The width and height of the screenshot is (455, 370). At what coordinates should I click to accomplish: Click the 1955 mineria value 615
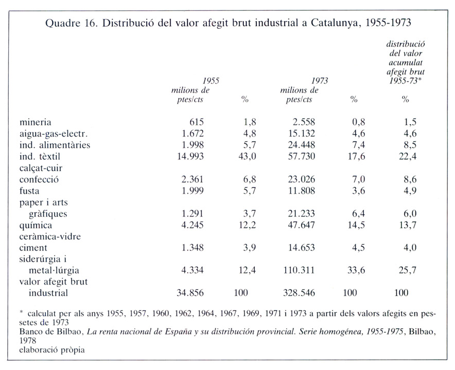(x=197, y=122)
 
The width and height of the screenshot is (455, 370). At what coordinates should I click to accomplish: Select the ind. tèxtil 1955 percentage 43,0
(x=247, y=156)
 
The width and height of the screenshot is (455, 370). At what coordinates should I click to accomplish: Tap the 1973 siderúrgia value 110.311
(x=299, y=270)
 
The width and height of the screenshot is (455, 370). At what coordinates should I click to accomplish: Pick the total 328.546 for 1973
(x=299, y=293)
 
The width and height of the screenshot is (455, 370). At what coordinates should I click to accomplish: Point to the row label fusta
(x=29, y=191)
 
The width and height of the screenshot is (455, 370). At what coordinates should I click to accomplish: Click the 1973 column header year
(x=320, y=81)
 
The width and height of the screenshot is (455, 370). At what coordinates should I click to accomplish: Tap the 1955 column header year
(x=211, y=81)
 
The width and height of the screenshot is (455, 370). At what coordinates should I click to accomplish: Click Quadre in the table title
(x=62, y=23)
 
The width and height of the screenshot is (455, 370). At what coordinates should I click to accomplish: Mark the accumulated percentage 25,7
(x=408, y=270)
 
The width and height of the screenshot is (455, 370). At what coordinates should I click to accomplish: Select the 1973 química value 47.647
(x=301, y=225)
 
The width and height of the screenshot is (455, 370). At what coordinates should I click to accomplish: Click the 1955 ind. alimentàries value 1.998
(x=192, y=145)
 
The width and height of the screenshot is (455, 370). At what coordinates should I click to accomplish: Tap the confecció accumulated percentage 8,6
(x=410, y=179)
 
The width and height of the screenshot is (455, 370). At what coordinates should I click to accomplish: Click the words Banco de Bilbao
(x=51, y=332)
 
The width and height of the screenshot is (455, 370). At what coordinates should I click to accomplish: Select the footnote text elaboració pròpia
(x=52, y=350)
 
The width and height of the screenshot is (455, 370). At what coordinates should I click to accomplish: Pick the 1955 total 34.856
(x=190, y=293)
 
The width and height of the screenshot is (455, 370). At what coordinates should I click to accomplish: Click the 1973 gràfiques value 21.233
(x=301, y=213)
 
